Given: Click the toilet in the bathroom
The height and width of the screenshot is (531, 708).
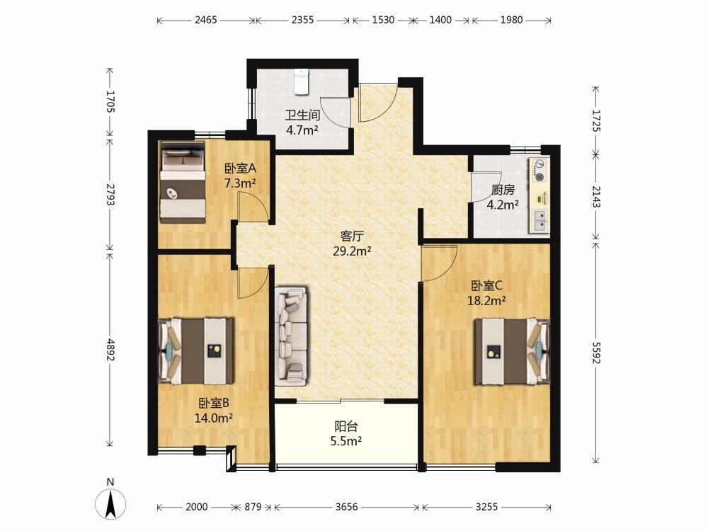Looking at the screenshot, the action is coord(301,81).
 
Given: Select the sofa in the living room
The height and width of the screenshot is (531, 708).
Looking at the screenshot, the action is coord(291,336).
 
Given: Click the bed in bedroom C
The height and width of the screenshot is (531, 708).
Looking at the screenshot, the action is coord(512,352).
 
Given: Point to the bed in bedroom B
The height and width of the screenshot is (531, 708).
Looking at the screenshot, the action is coord(196,351).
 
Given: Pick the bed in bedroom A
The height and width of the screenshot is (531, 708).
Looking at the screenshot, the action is coord(183,183).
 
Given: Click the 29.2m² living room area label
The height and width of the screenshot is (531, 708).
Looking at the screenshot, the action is coord(352,251).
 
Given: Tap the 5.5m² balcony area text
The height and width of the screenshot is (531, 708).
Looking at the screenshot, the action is coord(346,441).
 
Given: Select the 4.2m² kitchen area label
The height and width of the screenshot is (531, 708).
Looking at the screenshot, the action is coord(503,205).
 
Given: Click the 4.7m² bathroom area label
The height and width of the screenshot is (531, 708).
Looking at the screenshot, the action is coord(302,130).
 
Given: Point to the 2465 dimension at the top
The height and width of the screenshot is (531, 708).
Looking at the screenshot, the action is coord(206,20).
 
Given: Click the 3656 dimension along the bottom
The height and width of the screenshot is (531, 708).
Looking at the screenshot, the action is coord(347,507).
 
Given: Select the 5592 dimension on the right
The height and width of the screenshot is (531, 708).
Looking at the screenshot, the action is coord(596,353).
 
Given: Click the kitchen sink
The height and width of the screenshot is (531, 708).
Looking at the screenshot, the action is coord(539,221).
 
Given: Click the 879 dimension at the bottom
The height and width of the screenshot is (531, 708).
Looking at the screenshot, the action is coord(253,507).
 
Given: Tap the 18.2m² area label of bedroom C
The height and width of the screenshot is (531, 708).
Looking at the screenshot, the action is coord(486,300).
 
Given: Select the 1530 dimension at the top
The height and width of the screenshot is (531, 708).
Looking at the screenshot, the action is coord(383,20).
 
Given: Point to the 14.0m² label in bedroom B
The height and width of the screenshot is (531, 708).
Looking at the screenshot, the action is coord(214,418).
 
